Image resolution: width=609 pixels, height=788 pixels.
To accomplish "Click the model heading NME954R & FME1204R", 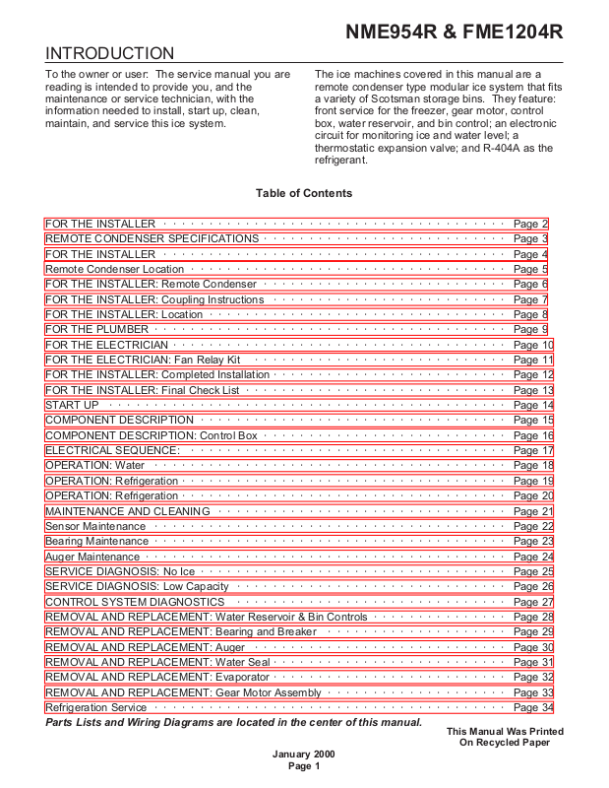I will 454,32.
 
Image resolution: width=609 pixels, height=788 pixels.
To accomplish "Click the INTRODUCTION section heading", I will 110,53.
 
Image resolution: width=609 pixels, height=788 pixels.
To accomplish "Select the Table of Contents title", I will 304,193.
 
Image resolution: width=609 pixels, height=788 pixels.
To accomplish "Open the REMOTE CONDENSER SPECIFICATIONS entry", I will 152,238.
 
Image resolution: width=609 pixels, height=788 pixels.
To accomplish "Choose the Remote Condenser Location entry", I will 115,269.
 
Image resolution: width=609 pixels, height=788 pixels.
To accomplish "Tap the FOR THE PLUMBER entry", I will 97,329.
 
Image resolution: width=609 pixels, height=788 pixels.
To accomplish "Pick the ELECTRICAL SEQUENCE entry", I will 112,450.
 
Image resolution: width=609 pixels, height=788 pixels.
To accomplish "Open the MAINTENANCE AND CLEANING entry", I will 128,511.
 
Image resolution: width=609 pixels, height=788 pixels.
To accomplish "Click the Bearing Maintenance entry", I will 97,541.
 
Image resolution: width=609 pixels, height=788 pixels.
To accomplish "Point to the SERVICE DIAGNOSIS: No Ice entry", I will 120,571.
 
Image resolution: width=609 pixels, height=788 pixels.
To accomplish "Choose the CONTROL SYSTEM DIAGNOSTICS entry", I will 135,602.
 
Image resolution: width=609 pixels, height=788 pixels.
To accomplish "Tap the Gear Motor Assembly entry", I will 184,692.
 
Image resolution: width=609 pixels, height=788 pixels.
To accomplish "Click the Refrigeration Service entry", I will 96,707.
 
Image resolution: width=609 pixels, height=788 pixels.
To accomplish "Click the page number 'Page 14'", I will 533,405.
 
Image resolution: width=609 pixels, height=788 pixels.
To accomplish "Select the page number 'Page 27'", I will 533,602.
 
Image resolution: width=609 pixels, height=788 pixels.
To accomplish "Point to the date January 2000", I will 304,754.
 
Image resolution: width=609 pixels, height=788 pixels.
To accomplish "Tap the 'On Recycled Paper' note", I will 505,742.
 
